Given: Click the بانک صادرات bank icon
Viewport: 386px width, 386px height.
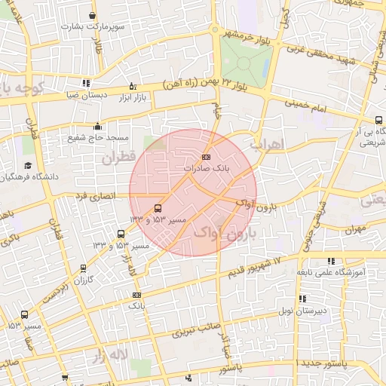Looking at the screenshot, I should (x=207, y=156).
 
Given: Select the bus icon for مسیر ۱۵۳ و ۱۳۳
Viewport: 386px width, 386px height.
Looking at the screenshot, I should (x=158, y=207).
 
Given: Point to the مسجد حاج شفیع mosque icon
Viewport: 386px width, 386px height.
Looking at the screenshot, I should (x=97, y=127).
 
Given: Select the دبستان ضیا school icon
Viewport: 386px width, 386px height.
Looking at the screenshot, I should (x=86, y=84).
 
